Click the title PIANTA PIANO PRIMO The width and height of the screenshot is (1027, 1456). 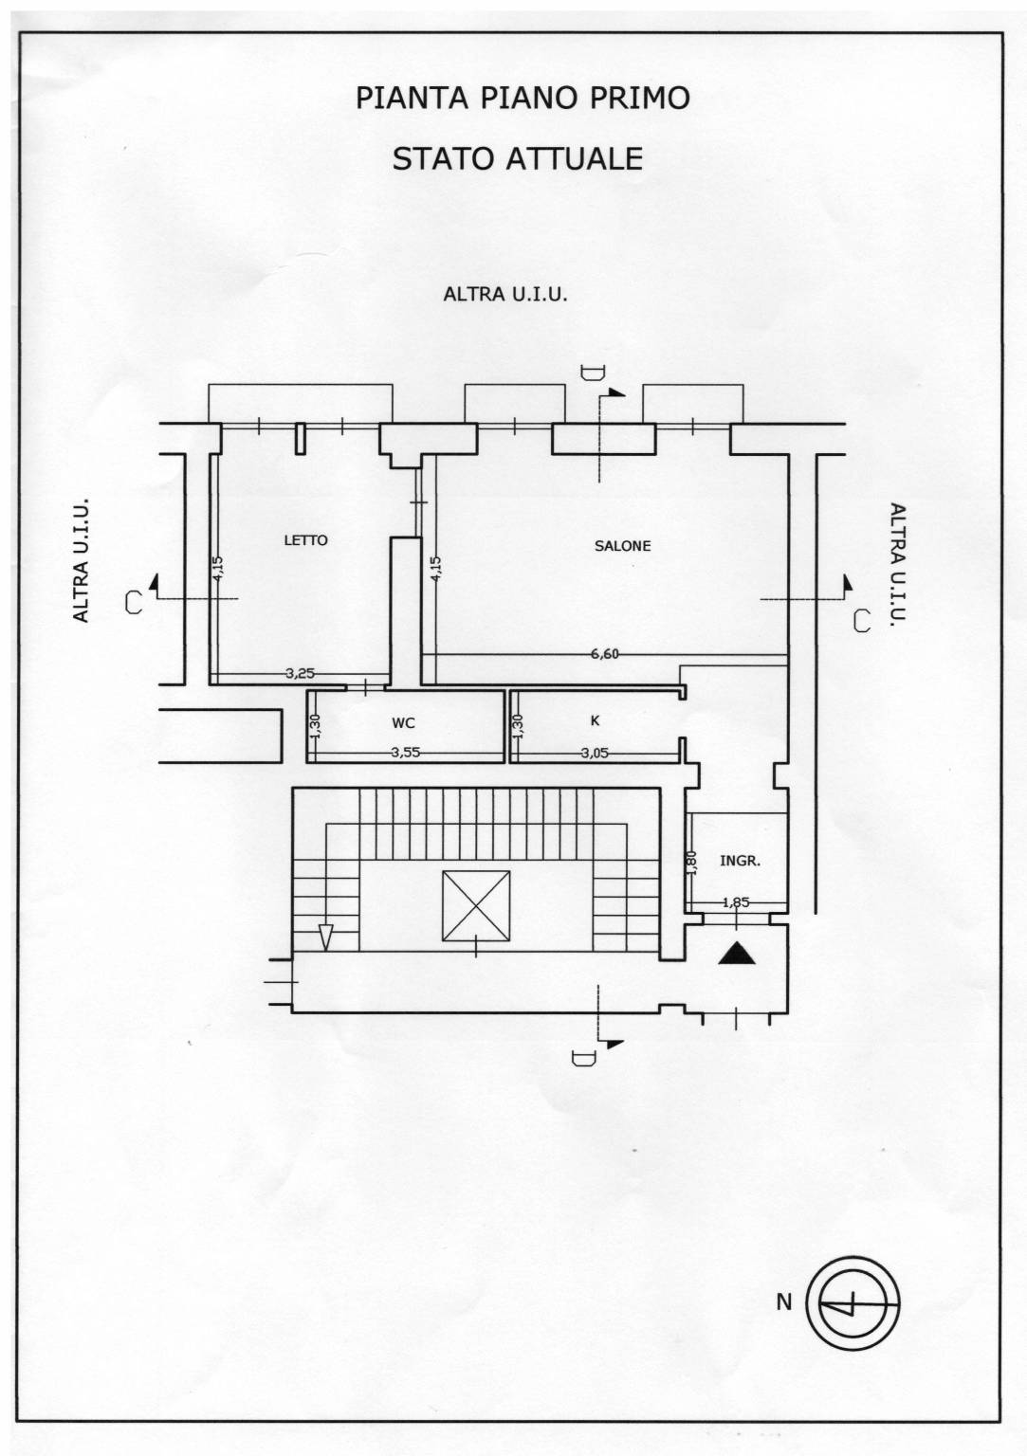click(x=523, y=98)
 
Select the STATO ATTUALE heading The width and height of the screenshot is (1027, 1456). click(x=518, y=158)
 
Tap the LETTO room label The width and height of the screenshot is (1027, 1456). click(x=305, y=540)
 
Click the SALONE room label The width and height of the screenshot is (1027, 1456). click(x=622, y=546)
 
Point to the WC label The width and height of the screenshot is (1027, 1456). click(x=403, y=723)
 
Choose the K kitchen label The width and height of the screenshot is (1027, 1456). click(x=595, y=720)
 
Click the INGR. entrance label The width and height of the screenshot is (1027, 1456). click(x=741, y=861)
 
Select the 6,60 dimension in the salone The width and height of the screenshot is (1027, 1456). click(x=604, y=654)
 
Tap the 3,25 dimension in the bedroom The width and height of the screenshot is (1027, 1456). click(x=300, y=673)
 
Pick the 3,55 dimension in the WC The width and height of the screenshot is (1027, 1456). click(x=405, y=753)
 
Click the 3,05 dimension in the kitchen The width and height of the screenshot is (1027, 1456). click(x=595, y=753)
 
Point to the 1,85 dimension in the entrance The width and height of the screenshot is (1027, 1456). click(x=736, y=902)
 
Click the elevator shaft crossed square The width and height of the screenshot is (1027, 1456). click(x=475, y=905)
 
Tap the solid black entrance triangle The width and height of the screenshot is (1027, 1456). click(x=737, y=953)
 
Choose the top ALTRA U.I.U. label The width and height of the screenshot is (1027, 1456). click(x=505, y=295)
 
